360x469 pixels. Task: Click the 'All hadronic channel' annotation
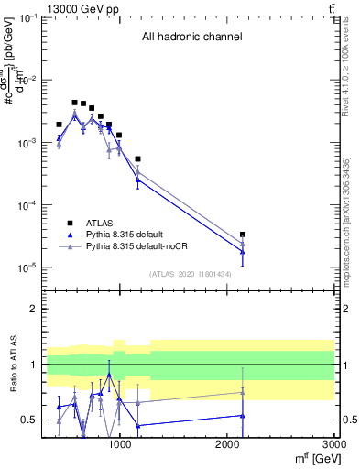pyautogui.click(x=191, y=38)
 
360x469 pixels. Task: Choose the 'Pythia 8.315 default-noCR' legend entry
pyautogui.click(x=132, y=246)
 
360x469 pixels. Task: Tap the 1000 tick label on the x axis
pyautogui.click(x=119, y=445)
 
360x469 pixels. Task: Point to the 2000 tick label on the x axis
pyautogui.click(x=227, y=445)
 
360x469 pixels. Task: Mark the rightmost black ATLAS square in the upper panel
pyautogui.click(x=243, y=234)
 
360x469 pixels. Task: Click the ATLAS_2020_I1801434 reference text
pyautogui.click(x=191, y=274)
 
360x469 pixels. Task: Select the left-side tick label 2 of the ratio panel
pyautogui.click(x=35, y=310)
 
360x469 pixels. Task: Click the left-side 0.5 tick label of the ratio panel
pyautogui.click(x=30, y=420)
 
